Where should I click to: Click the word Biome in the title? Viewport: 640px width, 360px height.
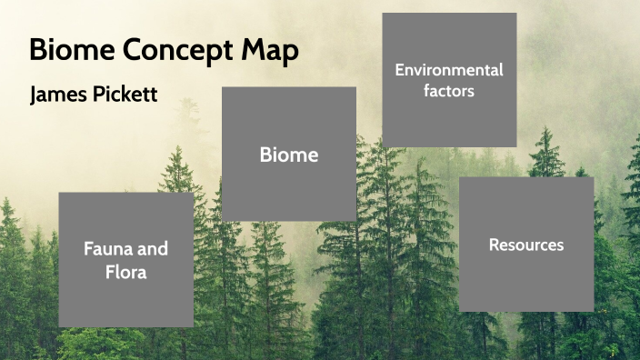(x=64, y=51)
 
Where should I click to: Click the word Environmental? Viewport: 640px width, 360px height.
(x=449, y=69)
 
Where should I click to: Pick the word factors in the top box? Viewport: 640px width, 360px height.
(x=449, y=91)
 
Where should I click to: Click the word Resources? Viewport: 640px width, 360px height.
(x=526, y=245)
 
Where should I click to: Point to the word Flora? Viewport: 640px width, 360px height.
(x=125, y=271)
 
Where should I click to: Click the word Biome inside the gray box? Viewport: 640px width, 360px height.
(x=289, y=155)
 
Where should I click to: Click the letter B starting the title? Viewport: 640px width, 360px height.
(x=37, y=51)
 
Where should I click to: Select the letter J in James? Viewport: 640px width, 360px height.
(x=35, y=95)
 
